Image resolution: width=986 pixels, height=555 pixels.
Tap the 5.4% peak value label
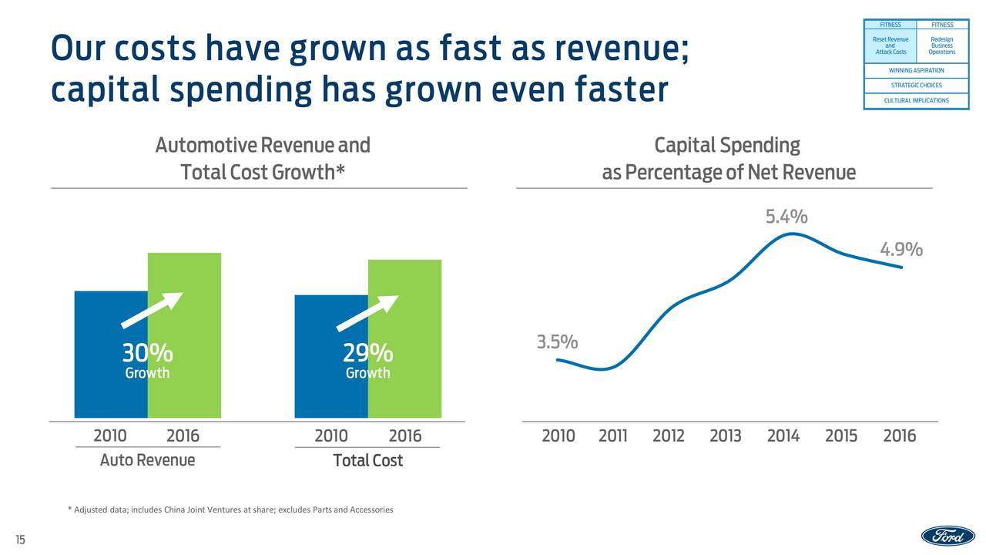point(786,217)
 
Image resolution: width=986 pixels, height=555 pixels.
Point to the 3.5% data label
point(557,341)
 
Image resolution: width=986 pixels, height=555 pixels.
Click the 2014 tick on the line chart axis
point(783,436)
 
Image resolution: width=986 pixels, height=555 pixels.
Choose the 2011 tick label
point(612,436)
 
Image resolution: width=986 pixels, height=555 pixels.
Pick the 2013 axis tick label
point(725,436)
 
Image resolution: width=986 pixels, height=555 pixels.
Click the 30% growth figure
point(147,354)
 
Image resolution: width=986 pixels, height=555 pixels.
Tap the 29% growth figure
point(367,354)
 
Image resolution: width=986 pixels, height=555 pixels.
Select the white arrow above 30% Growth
point(152,310)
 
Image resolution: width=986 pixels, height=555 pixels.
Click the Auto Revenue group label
point(147,460)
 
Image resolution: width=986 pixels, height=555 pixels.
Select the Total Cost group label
point(367,461)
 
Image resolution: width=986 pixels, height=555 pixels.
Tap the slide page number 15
point(19,540)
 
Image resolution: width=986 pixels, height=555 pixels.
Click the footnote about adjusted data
point(230,510)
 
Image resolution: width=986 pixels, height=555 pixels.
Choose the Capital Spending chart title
point(727,159)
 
